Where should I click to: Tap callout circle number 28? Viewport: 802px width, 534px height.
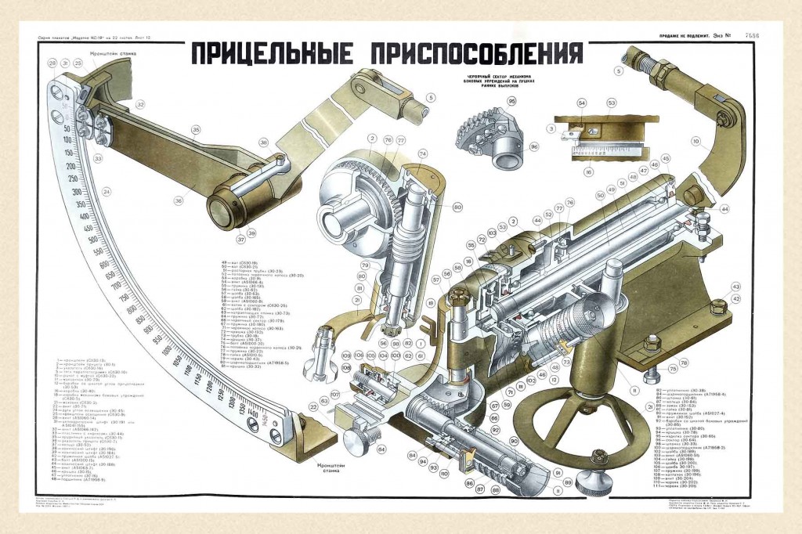click(x=52, y=63)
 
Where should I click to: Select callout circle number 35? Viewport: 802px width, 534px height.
click(x=195, y=130)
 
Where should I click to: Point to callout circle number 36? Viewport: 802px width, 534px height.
click(x=178, y=200)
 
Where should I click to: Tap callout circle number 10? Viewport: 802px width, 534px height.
click(x=695, y=142)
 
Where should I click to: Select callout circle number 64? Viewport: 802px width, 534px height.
click(x=381, y=449)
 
